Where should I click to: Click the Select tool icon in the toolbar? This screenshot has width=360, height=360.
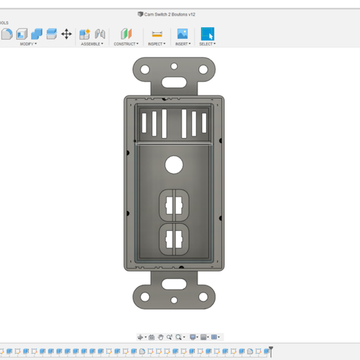[207, 33]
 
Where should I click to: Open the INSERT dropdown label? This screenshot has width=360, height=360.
[182, 44]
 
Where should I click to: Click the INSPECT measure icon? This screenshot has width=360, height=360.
[157, 33]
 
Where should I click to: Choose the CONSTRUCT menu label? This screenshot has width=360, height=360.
[126, 44]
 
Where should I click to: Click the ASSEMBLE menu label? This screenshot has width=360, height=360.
[91, 44]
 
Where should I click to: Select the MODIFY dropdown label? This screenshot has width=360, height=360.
[28, 44]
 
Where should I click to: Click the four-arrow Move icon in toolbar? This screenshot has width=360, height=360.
[66, 33]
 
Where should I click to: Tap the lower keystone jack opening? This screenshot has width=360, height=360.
[174, 239]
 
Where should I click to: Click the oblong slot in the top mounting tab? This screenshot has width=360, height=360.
[174, 81]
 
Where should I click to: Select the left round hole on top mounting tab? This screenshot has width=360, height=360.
[145, 70]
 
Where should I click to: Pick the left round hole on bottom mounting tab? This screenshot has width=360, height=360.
[145, 297]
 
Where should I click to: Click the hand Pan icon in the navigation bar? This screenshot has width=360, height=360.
[160, 337]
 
